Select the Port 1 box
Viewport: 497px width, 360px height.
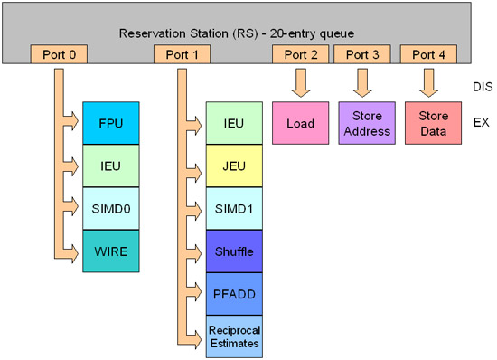point(188,54)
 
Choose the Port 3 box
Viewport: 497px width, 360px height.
point(362,54)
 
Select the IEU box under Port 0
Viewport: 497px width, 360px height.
point(111,166)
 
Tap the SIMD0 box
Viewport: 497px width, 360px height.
point(111,209)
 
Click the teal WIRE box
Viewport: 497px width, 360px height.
point(111,251)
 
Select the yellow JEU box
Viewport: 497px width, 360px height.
point(234,166)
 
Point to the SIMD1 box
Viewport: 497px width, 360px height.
point(234,209)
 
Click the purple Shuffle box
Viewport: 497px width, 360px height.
point(234,251)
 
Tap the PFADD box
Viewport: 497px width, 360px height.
point(234,294)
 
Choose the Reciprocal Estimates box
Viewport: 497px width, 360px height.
point(234,336)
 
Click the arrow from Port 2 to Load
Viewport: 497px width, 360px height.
point(300,83)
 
